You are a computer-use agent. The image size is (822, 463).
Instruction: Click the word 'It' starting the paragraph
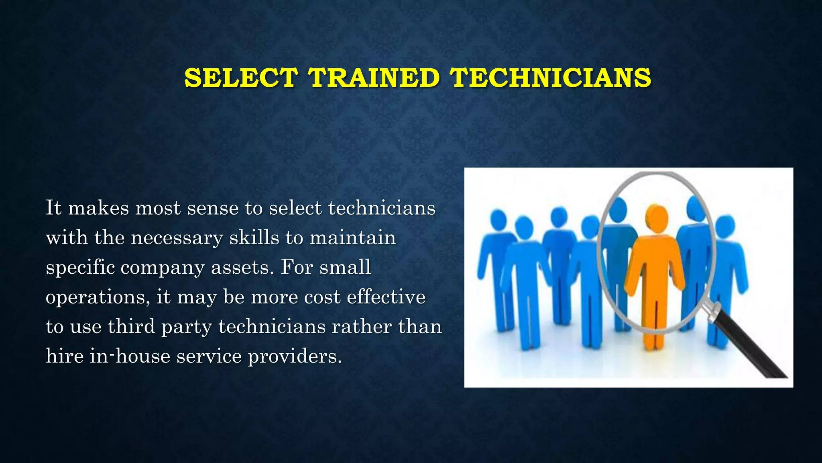[53, 208]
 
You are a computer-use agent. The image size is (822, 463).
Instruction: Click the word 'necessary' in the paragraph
[177, 238]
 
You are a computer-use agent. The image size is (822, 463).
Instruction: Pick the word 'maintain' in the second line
[353, 238]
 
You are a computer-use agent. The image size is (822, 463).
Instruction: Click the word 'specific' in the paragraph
[80, 268]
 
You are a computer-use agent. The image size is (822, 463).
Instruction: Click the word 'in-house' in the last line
[130, 356]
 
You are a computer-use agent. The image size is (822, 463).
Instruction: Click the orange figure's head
[656, 217]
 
